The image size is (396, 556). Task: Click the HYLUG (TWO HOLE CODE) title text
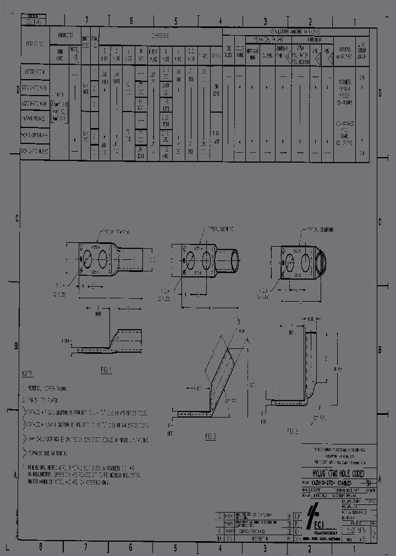[x=338, y=472]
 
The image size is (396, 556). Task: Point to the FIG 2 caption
[x=210, y=436]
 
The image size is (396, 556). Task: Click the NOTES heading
[x=28, y=373]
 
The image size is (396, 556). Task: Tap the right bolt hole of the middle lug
[x=206, y=259]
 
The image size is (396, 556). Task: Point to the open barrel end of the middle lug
[x=233, y=260]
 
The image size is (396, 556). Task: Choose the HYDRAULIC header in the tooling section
[x=311, y=40]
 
